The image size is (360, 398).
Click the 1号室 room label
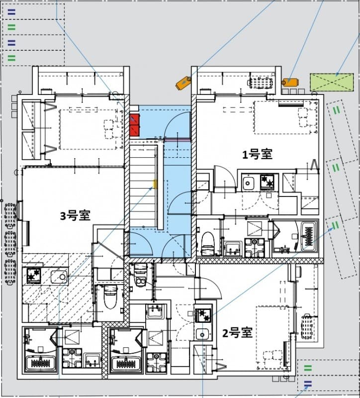coord(257,155)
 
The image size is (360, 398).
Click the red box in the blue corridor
coord(134,125)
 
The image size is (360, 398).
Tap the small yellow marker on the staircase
coord(155,185)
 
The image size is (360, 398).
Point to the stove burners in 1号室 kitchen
coord(268,182)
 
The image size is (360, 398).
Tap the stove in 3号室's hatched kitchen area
coord(34,275)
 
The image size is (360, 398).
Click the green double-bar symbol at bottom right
coord(308,368)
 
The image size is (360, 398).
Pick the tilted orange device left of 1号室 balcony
coord(183,83)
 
